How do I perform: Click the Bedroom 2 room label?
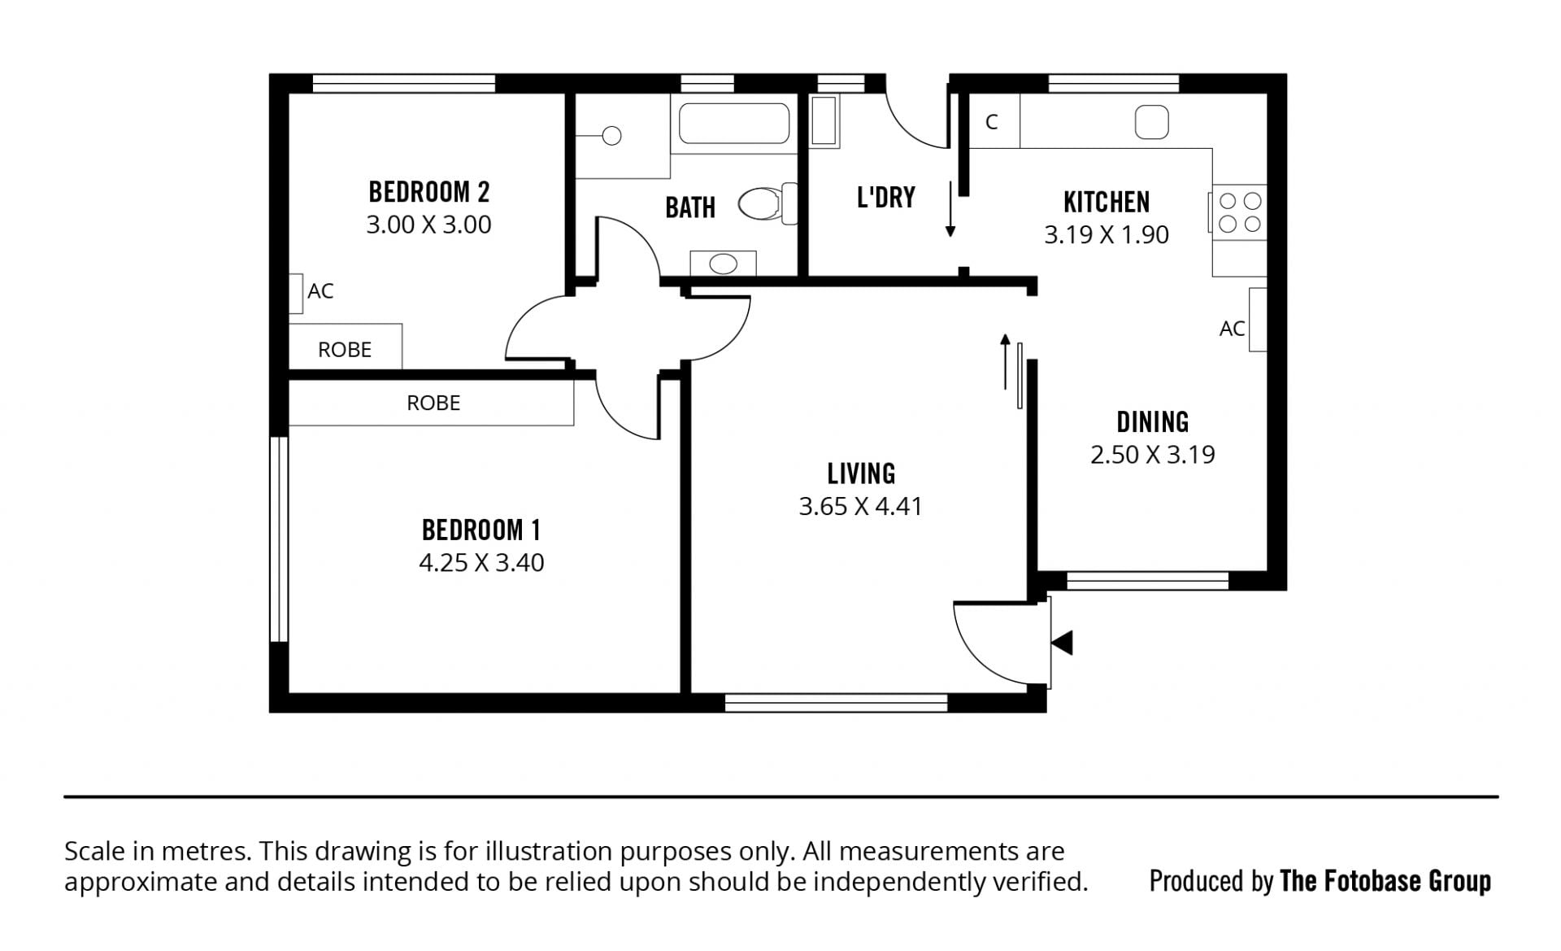(429, 192)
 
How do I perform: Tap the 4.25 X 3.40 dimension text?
(481, 562)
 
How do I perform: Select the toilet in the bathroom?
(767, 203)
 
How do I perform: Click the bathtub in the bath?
(734, 123)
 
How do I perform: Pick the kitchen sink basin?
(1152, 122)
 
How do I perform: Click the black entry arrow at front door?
(1062, 643)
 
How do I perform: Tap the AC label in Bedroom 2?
(320, 291)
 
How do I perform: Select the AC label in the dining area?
(1232, 329)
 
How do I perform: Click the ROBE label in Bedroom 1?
(433, 403)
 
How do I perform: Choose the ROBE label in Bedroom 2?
(345, 350)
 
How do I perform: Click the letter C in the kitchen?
(992, 122)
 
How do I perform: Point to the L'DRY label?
(886, 197)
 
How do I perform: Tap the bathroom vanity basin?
(723, 264)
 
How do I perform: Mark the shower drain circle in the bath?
(611, 136)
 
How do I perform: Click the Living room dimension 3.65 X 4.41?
(860, 506)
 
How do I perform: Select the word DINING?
(1153, 422)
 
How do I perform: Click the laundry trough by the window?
(824, 122)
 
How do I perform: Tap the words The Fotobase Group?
(1385, 881)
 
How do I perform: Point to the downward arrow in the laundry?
(950, 209)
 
